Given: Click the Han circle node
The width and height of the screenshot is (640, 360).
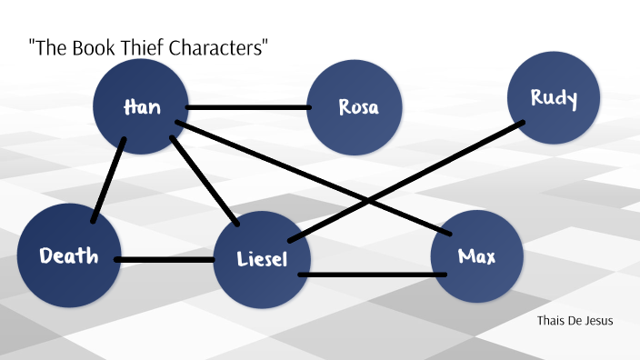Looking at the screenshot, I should click(141, 107).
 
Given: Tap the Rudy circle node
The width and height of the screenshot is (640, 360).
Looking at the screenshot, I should click(554, 98).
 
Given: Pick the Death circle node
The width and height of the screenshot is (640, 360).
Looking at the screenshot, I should click(68, 257).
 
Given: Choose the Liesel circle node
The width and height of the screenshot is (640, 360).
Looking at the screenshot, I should click(261, 260).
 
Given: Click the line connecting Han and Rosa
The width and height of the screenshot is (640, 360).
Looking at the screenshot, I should click(247, 107).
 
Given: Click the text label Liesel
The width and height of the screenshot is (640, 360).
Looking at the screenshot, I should click(261, 260).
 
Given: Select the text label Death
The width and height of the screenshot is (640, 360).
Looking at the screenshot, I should click(68, 256).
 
